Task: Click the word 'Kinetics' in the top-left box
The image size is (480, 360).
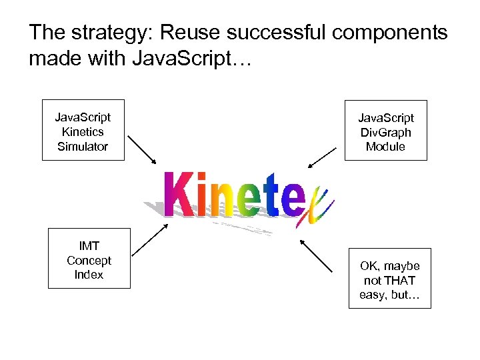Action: [83, 132]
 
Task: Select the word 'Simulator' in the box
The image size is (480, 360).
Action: [83, 146]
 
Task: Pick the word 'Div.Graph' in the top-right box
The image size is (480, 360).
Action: [385, 132]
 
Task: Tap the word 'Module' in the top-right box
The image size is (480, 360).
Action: [385, 146]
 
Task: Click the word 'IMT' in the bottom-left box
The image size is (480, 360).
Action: [89, 246]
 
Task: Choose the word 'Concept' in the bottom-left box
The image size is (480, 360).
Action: [89, 260]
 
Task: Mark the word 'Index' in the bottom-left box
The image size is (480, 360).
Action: [89, 274]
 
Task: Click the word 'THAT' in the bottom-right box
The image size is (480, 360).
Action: [400, 280]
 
